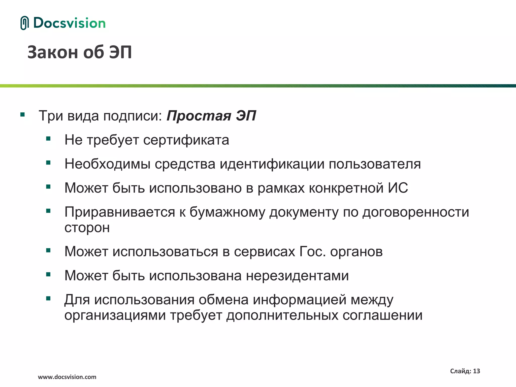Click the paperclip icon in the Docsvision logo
click(24, 23)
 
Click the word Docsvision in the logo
click(69, 23)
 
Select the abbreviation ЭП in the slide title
click(120, 52)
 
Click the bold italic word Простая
click(199, 116)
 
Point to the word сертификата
click(186, 140)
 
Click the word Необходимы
click(107, 164)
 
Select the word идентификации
click(272, 164)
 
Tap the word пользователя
click(375, 164)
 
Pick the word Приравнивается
click(120, 212)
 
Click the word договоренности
click(416, 212)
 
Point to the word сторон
click(87, 228)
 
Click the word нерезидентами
click(297, 276)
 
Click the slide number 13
click(476, 371)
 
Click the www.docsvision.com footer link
click(67, 377)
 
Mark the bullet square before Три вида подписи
click(23, 115)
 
